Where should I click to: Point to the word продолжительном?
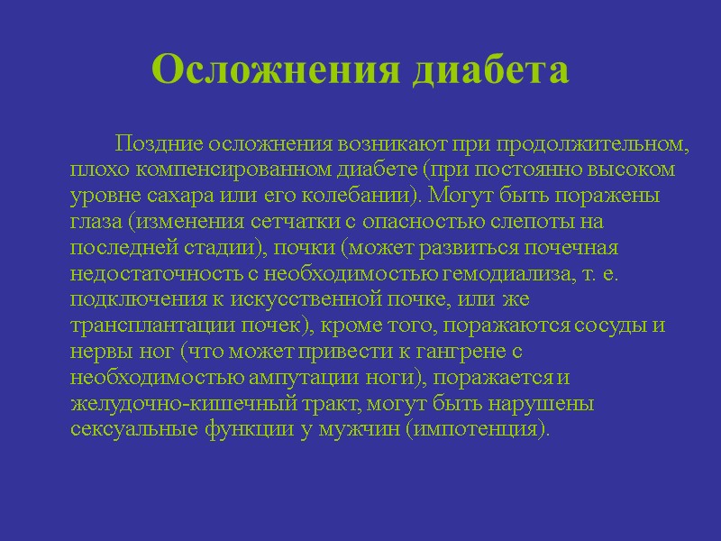tap(590, 144)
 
